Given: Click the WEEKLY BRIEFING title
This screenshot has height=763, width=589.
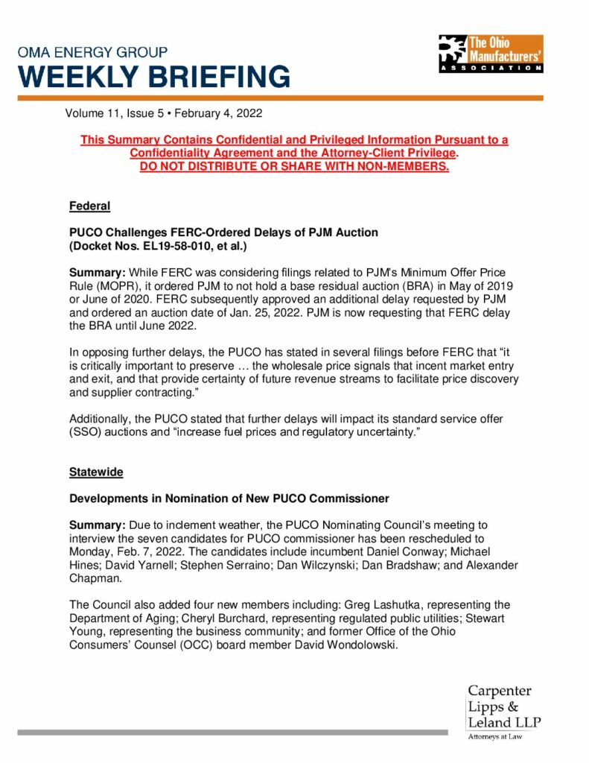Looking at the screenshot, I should pyautogui.click(x=154, y=76).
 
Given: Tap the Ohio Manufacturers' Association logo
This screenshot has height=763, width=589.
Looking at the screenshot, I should pyautogui.click(x=490, y=53).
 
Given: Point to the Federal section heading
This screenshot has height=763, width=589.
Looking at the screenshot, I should pyautogui.click(x=89, y=206).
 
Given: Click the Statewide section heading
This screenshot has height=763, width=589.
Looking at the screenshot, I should pyautogui.click(x=96, y=472).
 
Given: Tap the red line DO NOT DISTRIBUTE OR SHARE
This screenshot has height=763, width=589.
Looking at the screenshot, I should pyautogui.click(x=294, y=166).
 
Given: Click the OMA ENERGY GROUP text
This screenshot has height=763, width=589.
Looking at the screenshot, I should pyautogui.click(x=92, y=53).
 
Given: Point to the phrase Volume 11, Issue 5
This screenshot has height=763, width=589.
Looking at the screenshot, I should pyautogui.click(x=116, y=114).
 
